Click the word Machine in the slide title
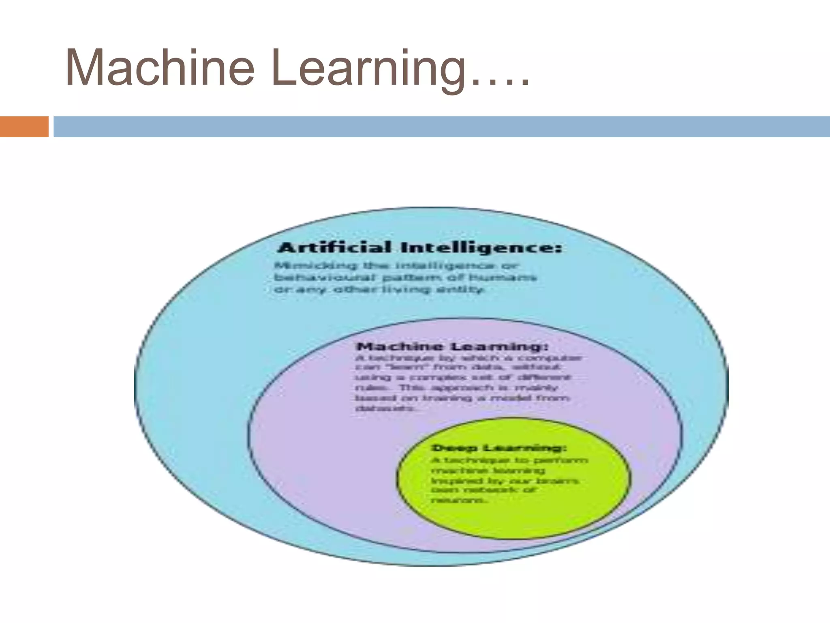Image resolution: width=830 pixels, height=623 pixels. point(160,68)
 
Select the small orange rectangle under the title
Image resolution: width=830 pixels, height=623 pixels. point(24,127)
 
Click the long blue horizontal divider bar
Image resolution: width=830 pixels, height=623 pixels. point(442,127)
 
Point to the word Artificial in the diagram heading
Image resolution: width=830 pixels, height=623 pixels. point(335,247)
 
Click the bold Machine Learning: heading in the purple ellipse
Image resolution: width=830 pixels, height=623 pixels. point(452,347)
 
